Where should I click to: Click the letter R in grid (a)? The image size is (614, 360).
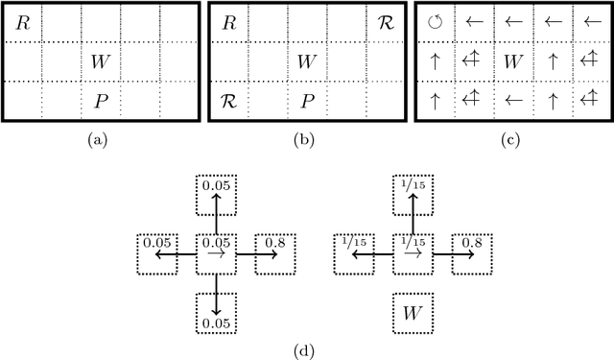coord(23,23)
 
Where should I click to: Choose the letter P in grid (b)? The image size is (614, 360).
coord(306,101)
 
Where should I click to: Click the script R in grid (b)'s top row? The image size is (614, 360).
coord(384,23)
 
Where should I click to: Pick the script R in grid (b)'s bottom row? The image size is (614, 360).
coord(228,101)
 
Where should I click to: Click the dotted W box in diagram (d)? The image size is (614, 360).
coord(413,312)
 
